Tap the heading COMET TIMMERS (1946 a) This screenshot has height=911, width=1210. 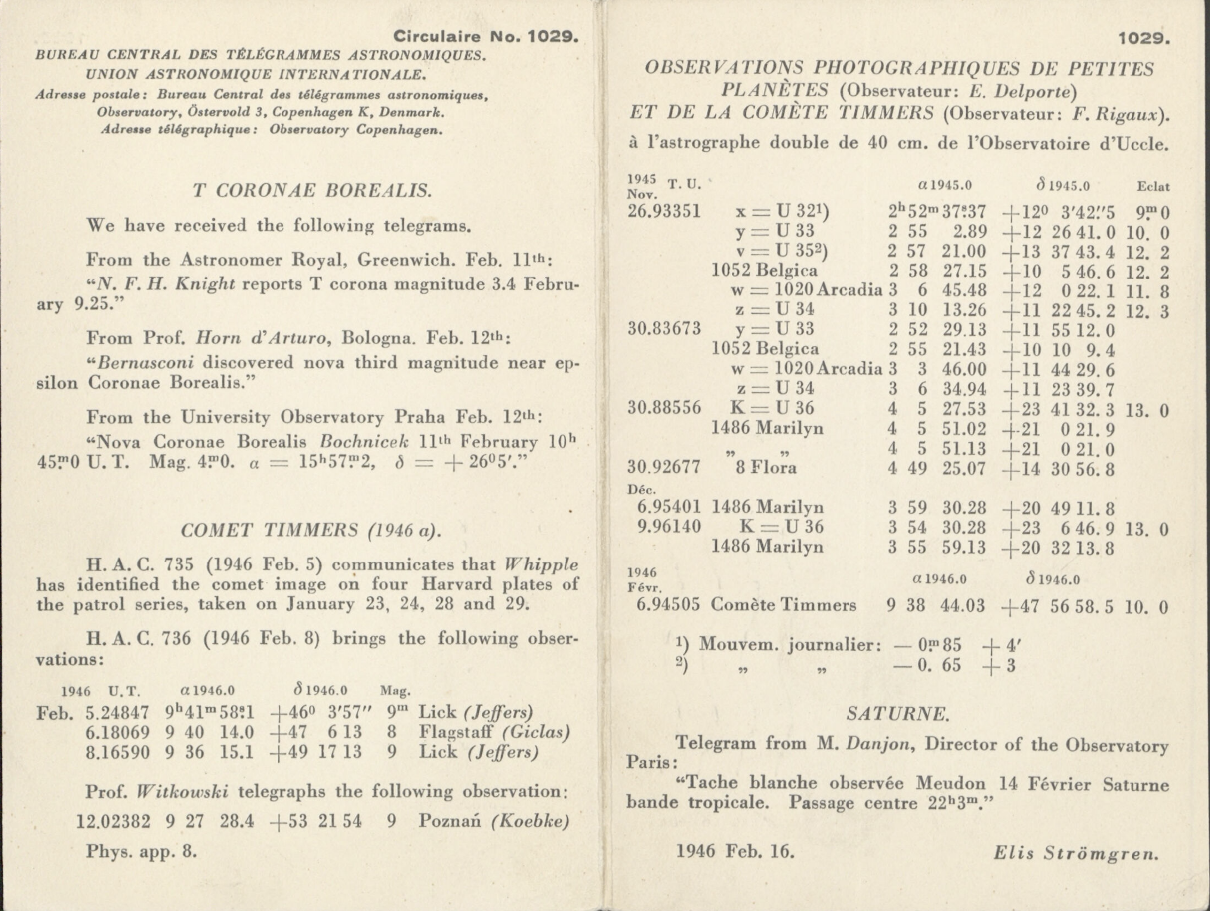coord(311,530)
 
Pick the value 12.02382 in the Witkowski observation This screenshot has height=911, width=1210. coord(113,821)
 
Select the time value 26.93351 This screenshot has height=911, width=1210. coord(664,211)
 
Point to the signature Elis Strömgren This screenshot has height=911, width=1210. coord(1075,852)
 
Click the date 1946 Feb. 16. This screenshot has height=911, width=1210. coord(735,851)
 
